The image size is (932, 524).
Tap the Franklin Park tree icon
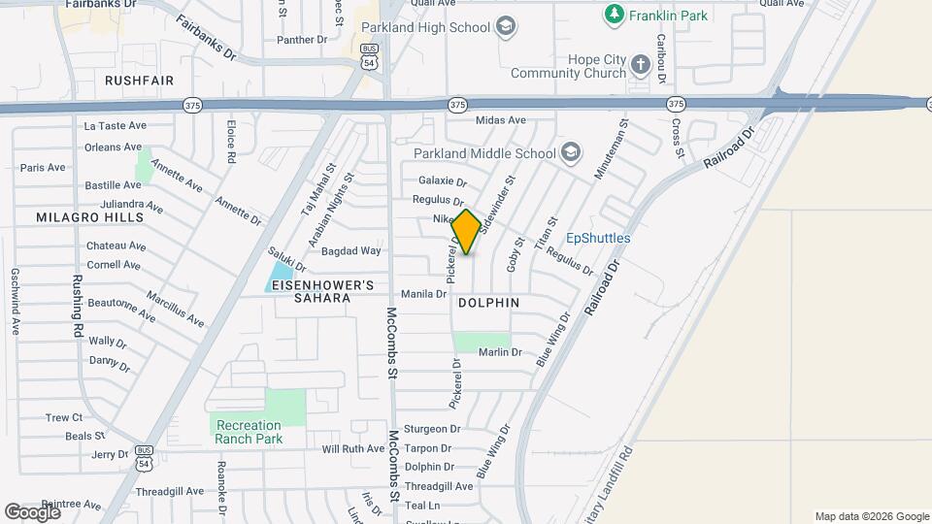click(614, 15)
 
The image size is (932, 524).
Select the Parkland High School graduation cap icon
click(505, 27)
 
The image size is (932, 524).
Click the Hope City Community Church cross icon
click(640, 65)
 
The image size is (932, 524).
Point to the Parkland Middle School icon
click(571, 152)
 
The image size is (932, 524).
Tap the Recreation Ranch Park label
click(249, 432)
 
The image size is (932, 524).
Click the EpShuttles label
click(598, 238)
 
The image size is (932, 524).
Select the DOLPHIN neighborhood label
click(487, 303)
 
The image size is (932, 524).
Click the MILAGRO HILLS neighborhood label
click(89, 217)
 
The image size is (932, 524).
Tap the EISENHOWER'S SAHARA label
click(323, 292)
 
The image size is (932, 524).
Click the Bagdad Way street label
click(357, 250)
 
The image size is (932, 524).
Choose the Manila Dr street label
click(423, 293)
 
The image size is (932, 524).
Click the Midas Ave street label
click(500, 120)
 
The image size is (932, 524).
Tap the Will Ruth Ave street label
click(353, 448)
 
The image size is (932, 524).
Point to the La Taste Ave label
click(115, 125)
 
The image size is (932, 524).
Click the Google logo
click(32, 511)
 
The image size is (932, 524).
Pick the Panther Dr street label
click(302, 40)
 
